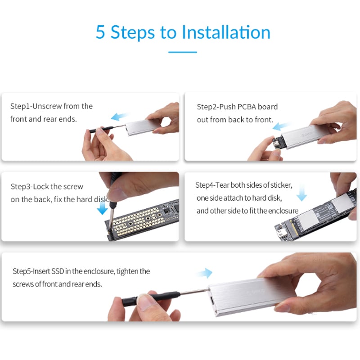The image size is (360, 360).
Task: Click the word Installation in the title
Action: [226, 32]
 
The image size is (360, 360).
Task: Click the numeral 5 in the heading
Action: [101, 32]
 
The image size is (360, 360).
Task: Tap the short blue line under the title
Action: [182, 52]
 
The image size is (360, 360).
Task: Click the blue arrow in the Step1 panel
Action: [120, 117]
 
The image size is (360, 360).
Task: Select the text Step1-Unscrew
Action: [36, 106]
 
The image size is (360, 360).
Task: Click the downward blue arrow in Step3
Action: [103, 207]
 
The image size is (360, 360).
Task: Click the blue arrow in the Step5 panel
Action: [204, 273]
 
